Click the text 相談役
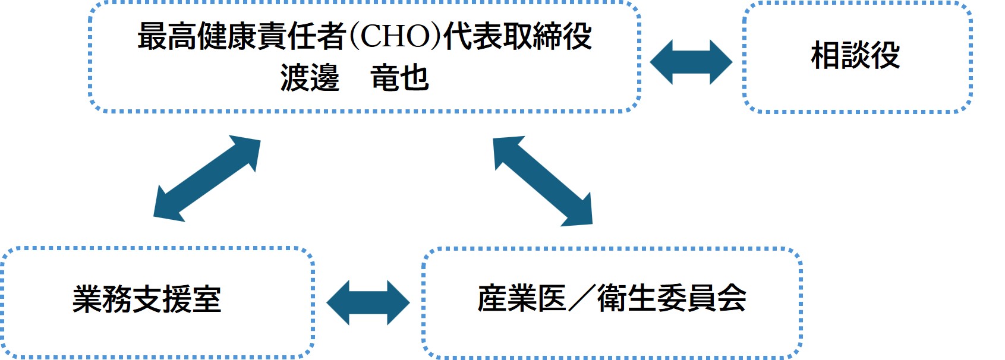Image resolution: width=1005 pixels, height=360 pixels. coord(855,56)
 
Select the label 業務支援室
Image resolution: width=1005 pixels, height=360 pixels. coord(147,299)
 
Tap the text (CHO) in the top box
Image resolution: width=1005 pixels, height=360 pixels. coord(395,36)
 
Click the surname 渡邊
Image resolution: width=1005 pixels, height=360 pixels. coord(310,78)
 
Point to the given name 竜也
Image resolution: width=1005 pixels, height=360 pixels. coord(399,78)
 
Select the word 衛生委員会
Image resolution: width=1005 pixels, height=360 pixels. coord(672,298)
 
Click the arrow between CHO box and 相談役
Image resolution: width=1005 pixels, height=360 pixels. coord(691,62)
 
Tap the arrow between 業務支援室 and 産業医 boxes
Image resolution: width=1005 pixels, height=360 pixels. coord(368,302)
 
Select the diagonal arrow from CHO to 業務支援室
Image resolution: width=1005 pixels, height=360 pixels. coord(207,179)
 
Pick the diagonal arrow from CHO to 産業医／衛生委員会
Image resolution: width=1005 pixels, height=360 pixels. coord(543,181)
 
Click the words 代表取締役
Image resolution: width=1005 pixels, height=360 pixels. coord(518,36)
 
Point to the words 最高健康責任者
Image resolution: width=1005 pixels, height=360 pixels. coord(242,36)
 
